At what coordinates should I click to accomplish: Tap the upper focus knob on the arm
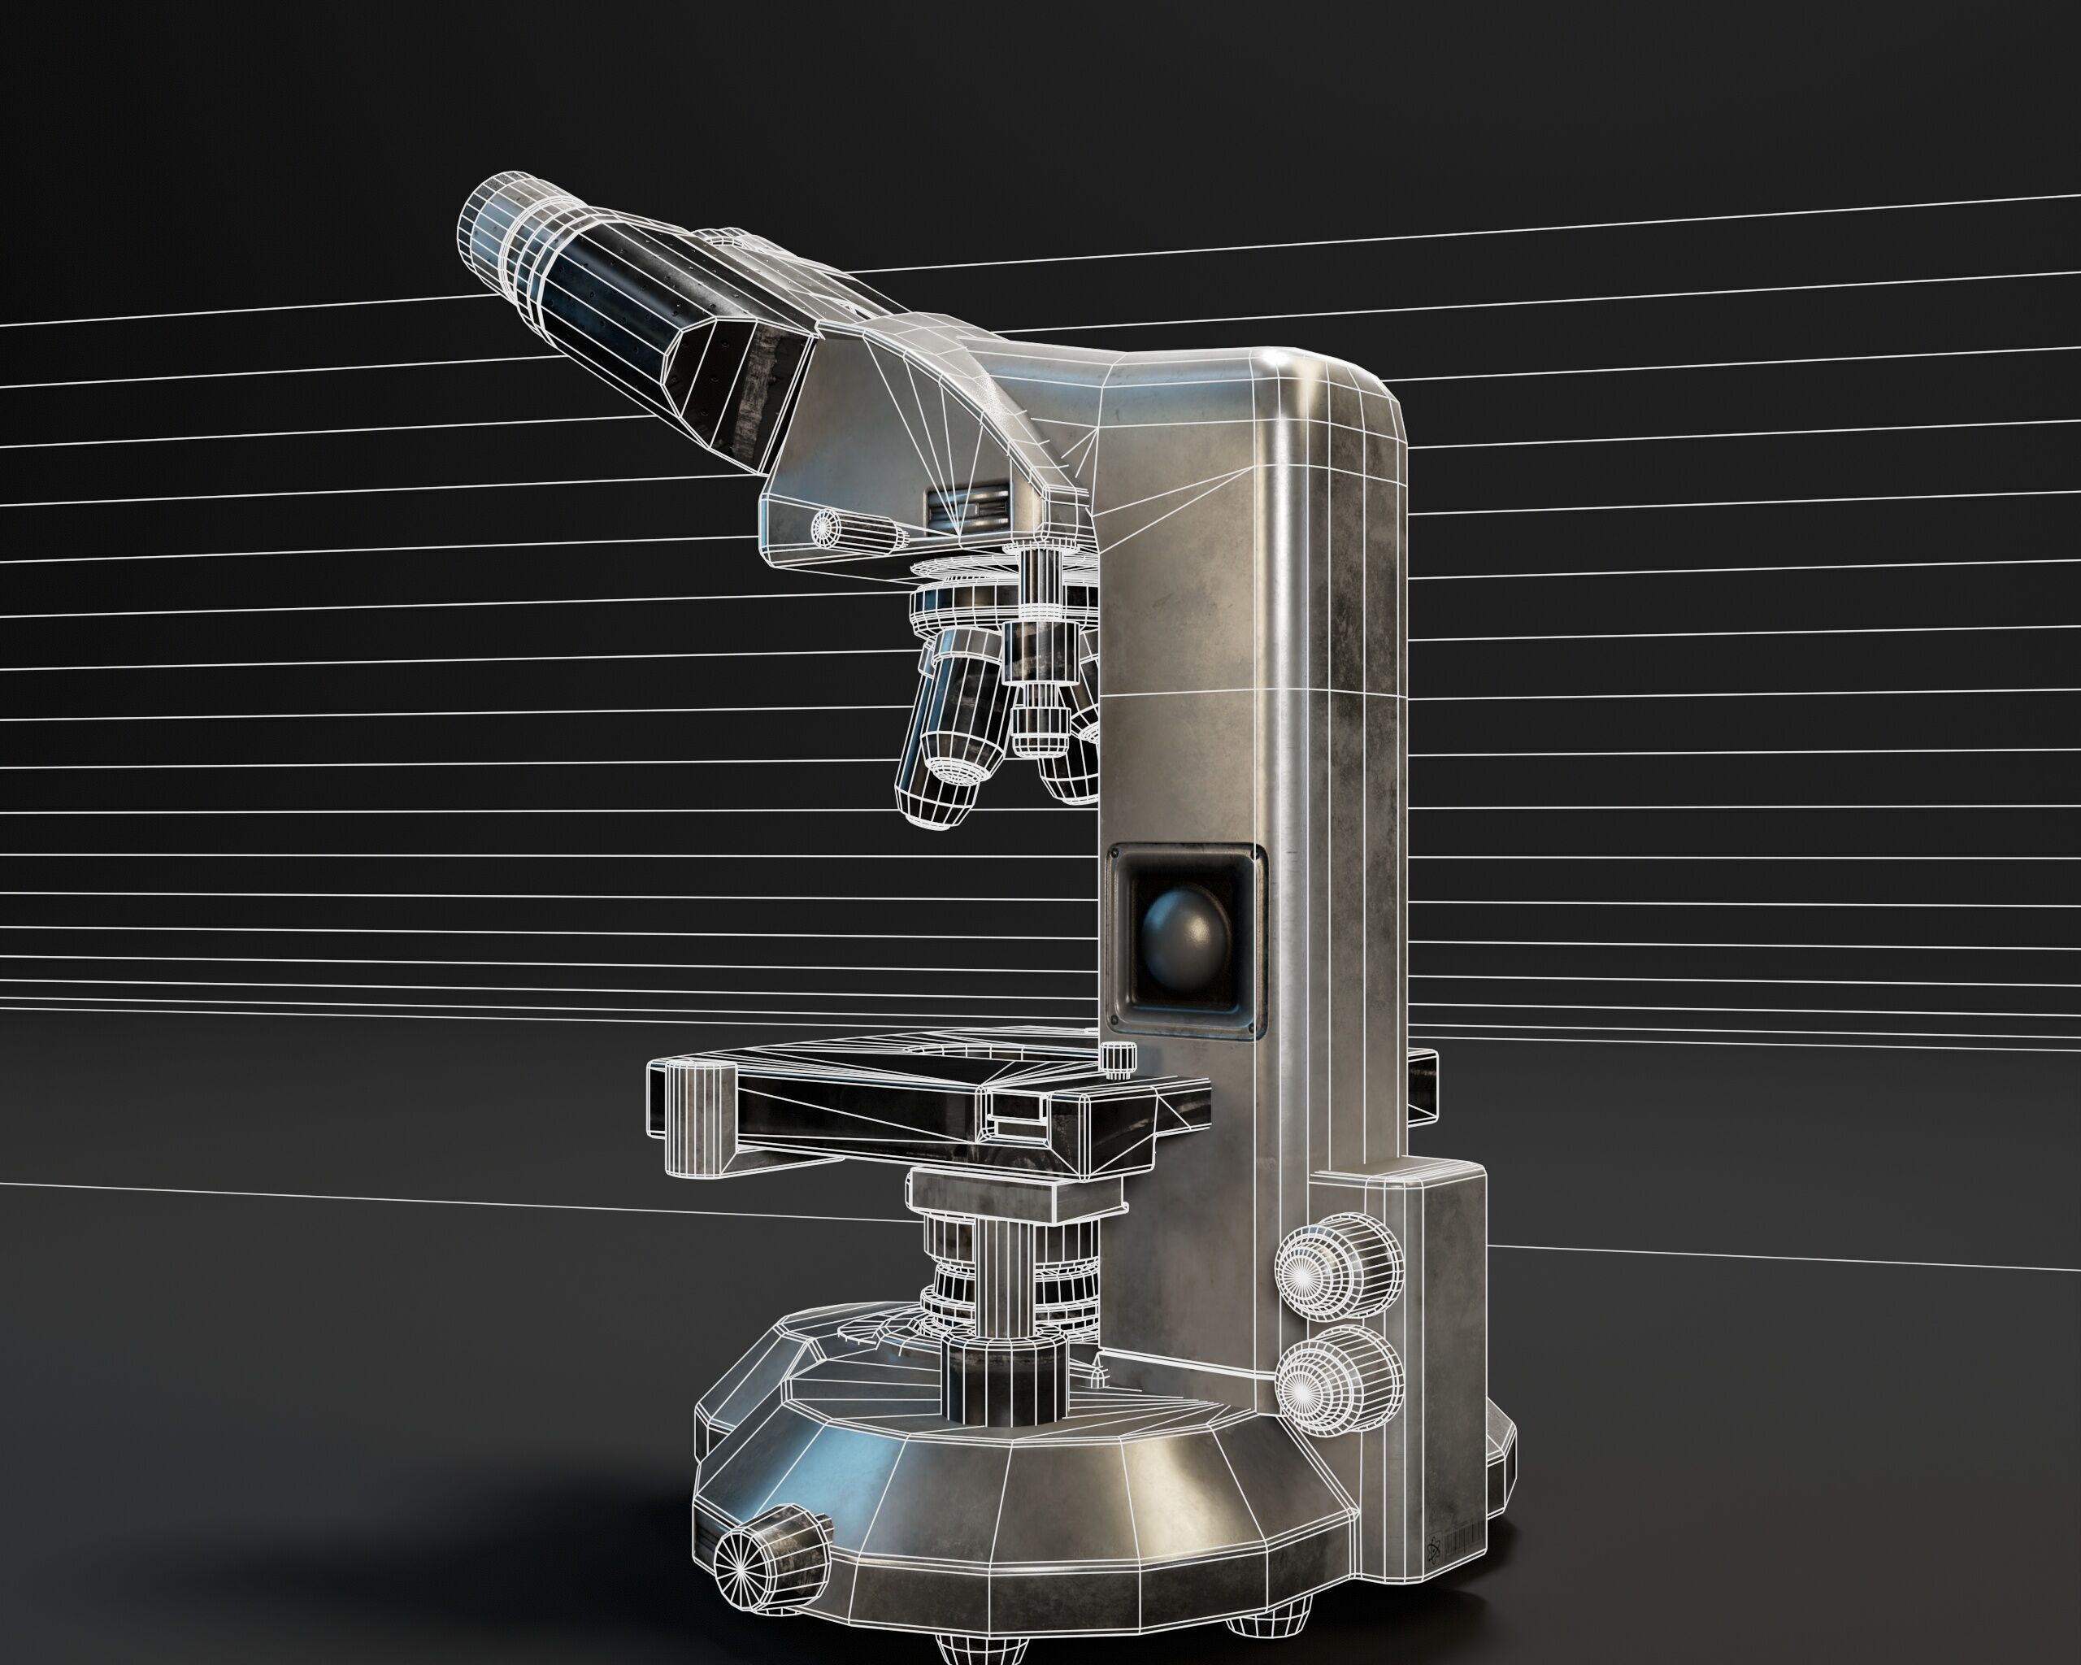click(x=1339, y=1272)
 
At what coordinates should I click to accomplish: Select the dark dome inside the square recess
click(x=1185, y=934)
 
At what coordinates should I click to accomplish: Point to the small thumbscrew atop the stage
click(x=1117, y=1058)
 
